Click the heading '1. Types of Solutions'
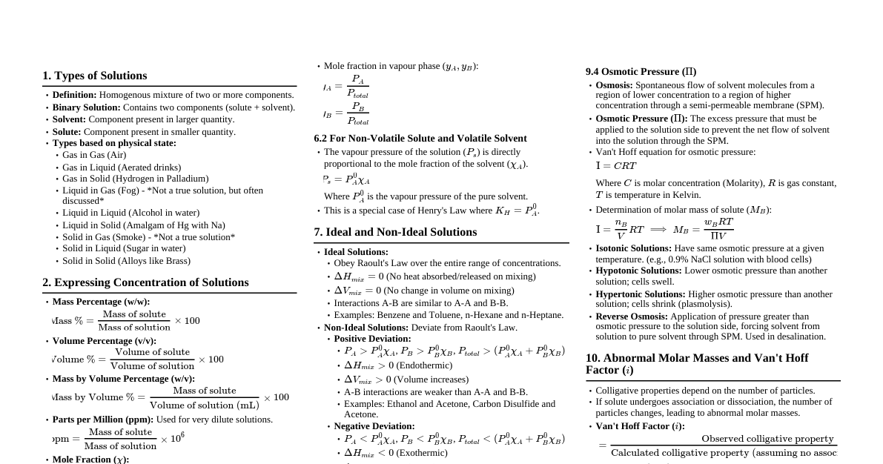[x=94, y=76]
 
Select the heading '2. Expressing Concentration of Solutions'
[x=145, y=282]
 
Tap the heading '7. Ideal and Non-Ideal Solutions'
[x=395, y=232]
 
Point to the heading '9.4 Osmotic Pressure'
[x=641, y=72]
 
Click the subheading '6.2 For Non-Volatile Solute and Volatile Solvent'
[x=420, y=139]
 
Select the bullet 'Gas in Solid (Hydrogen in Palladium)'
[x=135, y=179]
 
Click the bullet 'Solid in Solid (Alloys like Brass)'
[x=126, y=261]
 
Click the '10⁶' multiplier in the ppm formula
[x=177, y=438]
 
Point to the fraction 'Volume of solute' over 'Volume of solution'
[x=152, y=359]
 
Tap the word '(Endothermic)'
[x=426, y=365]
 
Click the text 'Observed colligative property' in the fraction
[x=767, y=439]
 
